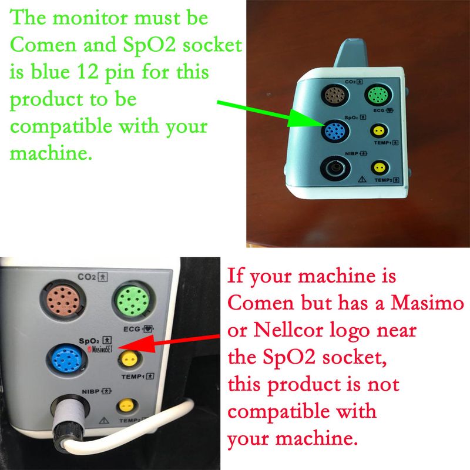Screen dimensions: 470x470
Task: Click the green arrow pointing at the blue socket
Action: coord(270,113)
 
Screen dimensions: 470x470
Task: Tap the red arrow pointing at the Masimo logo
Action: coord(169,343)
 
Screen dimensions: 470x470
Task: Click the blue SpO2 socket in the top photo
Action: coord(335,130)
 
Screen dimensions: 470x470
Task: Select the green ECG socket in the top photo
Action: coord(378,95)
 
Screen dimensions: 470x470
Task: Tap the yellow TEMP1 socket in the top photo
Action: coord(379,131)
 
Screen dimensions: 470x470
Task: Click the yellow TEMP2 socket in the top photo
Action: coord(380,167)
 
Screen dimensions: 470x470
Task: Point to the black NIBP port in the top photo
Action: coord(335,168)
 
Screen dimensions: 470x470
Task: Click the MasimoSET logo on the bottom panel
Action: coord(100,349)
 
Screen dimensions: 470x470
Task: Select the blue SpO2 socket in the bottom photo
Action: coord(66,359)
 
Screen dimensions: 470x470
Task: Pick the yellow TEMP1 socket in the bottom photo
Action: coord(129,358)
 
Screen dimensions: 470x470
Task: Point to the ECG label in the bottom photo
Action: coord(132,329)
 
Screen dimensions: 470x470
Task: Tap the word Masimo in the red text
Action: coord(427,303)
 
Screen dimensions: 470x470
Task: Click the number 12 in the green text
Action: coord(88,72)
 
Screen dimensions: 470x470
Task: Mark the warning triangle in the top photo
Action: coord(362,179)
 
